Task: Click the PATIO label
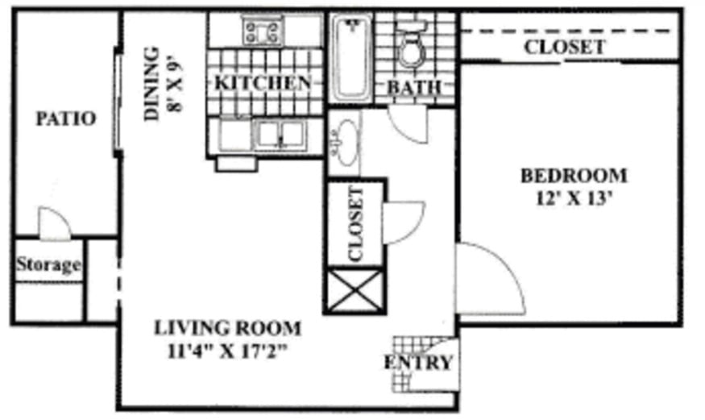[x=65, y=119]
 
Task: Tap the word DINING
[x=152, y=84]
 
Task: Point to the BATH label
[x=414, y=87]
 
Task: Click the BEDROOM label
[x=573, y=175]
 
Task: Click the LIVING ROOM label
[x=227, y=329]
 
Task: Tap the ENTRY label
[x=417, y=363]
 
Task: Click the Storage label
[x=49, y=264]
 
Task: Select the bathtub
[x=351, y=58]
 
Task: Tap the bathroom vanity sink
[x=346, y=142]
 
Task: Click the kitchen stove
[x=264, y=33]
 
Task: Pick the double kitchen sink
[x=279, y=134]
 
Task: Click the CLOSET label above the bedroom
[x=564, y=47]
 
